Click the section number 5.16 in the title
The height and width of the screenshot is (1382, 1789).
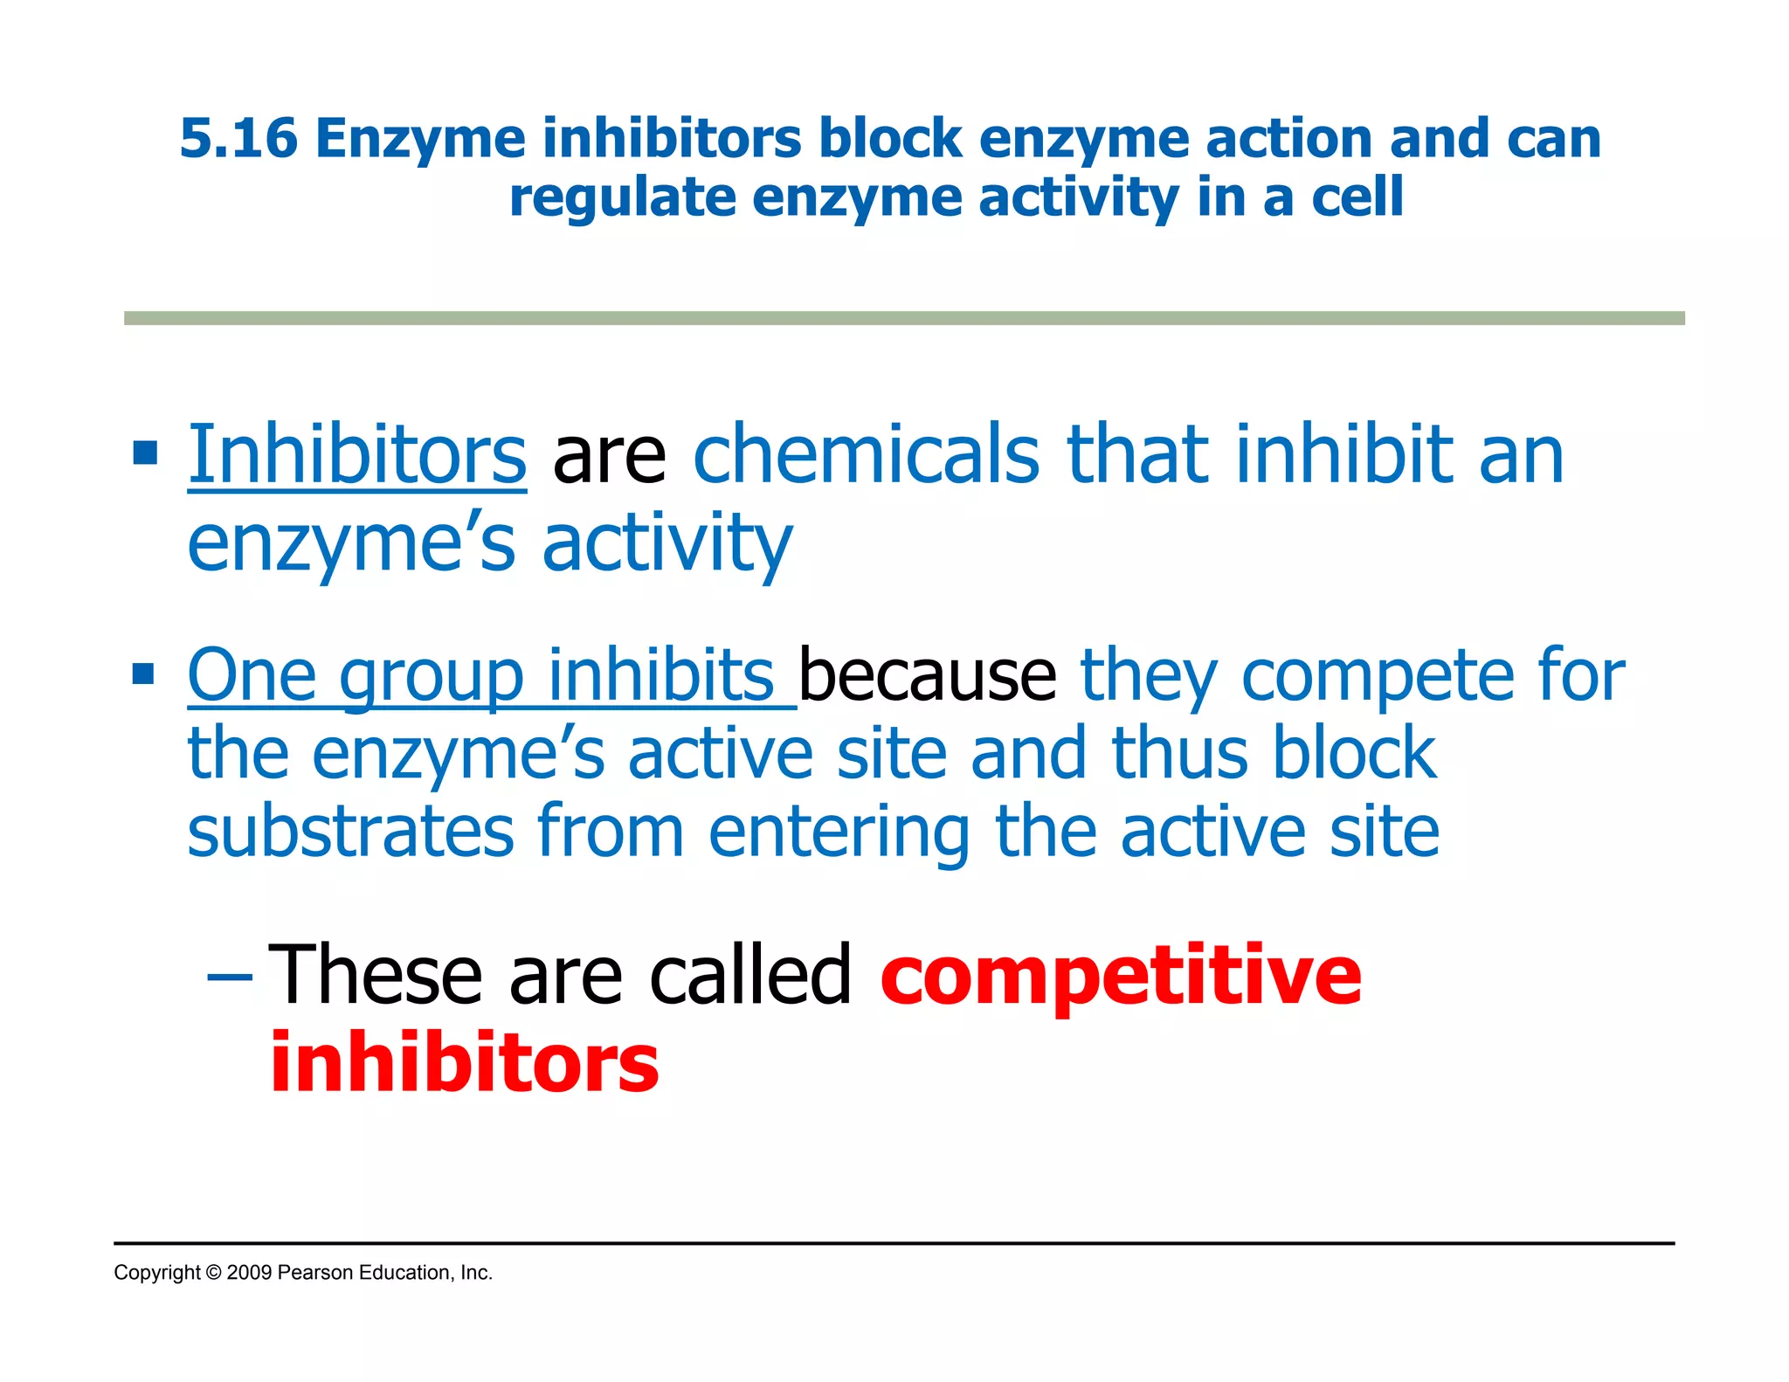tap(238, 139)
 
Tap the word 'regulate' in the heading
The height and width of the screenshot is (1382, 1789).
tap(622, 198)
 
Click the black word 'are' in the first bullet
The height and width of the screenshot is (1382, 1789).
tap(609, 457)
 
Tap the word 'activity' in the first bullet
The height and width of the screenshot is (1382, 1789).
tap(667, 543)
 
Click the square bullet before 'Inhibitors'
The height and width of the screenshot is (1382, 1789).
tap(144, 453)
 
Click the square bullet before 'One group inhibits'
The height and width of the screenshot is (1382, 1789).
tap(144, 674)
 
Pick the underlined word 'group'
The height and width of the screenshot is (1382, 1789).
tap(432, 677)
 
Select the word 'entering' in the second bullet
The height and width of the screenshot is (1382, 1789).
tap(839, 833)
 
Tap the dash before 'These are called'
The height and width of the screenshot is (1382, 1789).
tap(230, 974)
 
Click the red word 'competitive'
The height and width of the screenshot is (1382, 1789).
tap(1121, 976)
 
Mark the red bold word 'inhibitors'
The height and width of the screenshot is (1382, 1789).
tap(465, 1062)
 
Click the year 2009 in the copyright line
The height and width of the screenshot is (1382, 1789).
tap(249, 1273)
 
